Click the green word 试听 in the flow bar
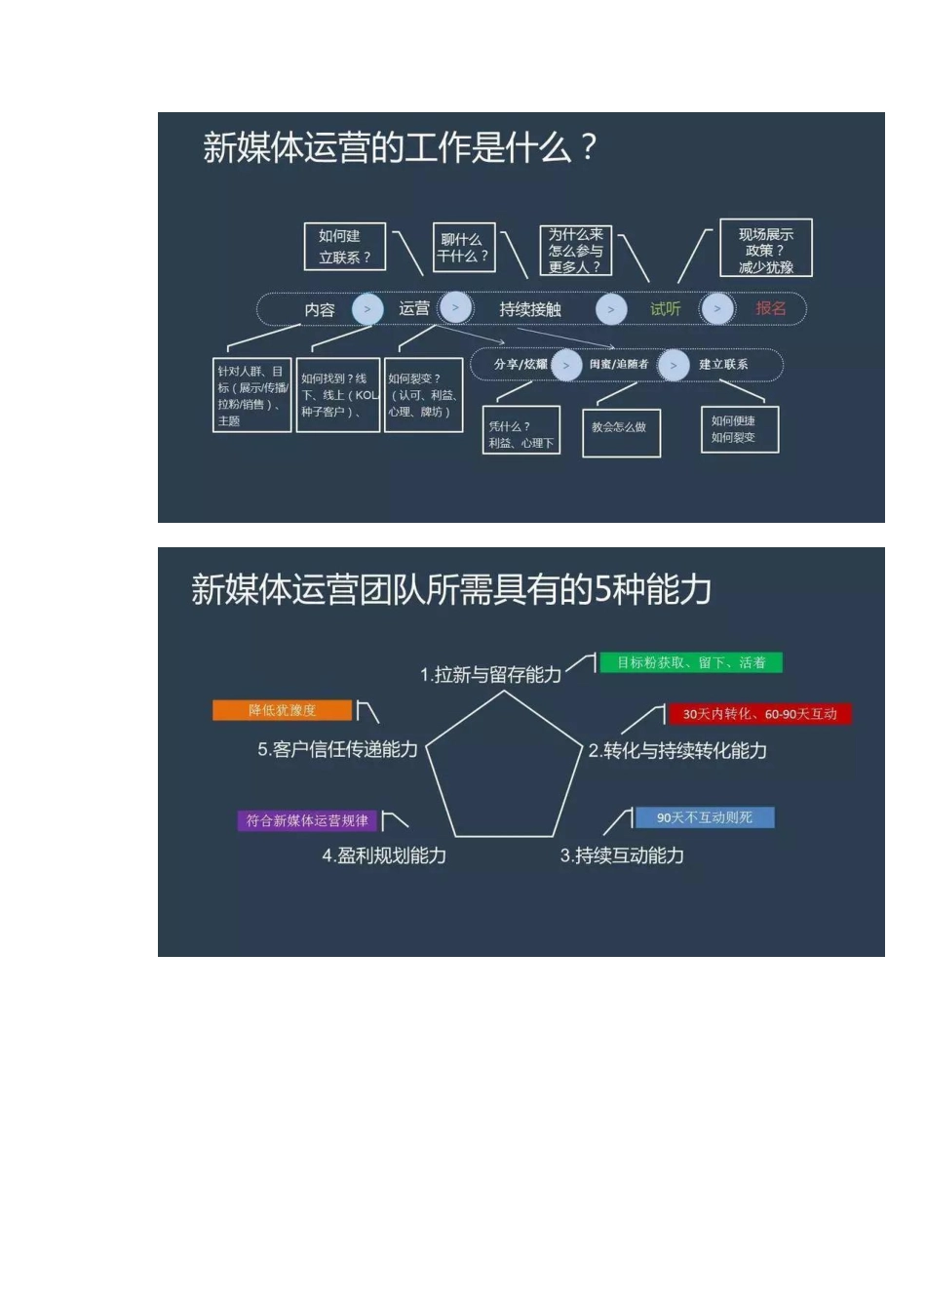665,309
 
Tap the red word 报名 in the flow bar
770,309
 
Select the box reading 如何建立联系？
345,247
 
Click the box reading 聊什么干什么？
463,248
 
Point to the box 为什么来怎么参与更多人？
575,251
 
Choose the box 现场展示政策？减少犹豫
765,249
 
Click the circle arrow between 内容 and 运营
367,309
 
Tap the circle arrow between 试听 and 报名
717,309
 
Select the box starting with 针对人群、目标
252,395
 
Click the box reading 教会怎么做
621,429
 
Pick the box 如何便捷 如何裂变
739,429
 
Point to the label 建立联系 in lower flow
723,365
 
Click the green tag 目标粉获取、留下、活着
691,663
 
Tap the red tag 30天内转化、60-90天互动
759,714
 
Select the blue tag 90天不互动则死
704,817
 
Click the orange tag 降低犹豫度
282,710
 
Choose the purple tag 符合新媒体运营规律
307,820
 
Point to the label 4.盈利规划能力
384,855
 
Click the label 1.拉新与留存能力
490,675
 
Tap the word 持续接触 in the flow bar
530,309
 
